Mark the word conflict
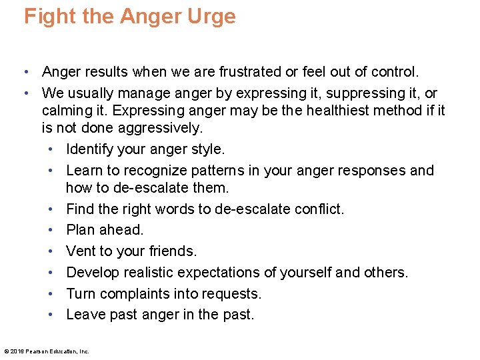317,209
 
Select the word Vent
81,251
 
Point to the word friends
174,251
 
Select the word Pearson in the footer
39,351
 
